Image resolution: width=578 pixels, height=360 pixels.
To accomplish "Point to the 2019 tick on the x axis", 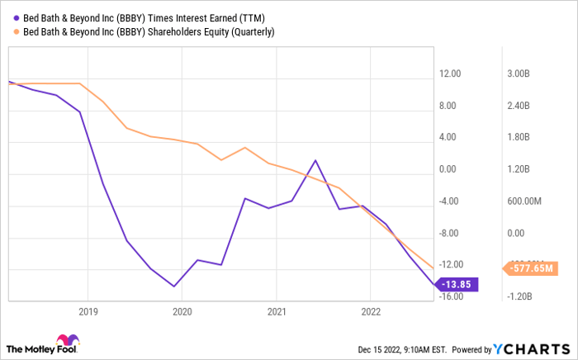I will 88,311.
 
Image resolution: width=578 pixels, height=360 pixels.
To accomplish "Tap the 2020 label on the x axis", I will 182,311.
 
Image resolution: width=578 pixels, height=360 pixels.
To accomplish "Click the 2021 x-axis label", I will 277,311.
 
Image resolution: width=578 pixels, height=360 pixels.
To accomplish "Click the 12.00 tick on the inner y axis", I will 450,74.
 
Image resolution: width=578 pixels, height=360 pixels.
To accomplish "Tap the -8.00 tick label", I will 451,233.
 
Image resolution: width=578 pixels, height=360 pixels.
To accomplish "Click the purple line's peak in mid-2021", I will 315,161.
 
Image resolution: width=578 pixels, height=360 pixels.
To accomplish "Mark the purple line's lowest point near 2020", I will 173,287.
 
